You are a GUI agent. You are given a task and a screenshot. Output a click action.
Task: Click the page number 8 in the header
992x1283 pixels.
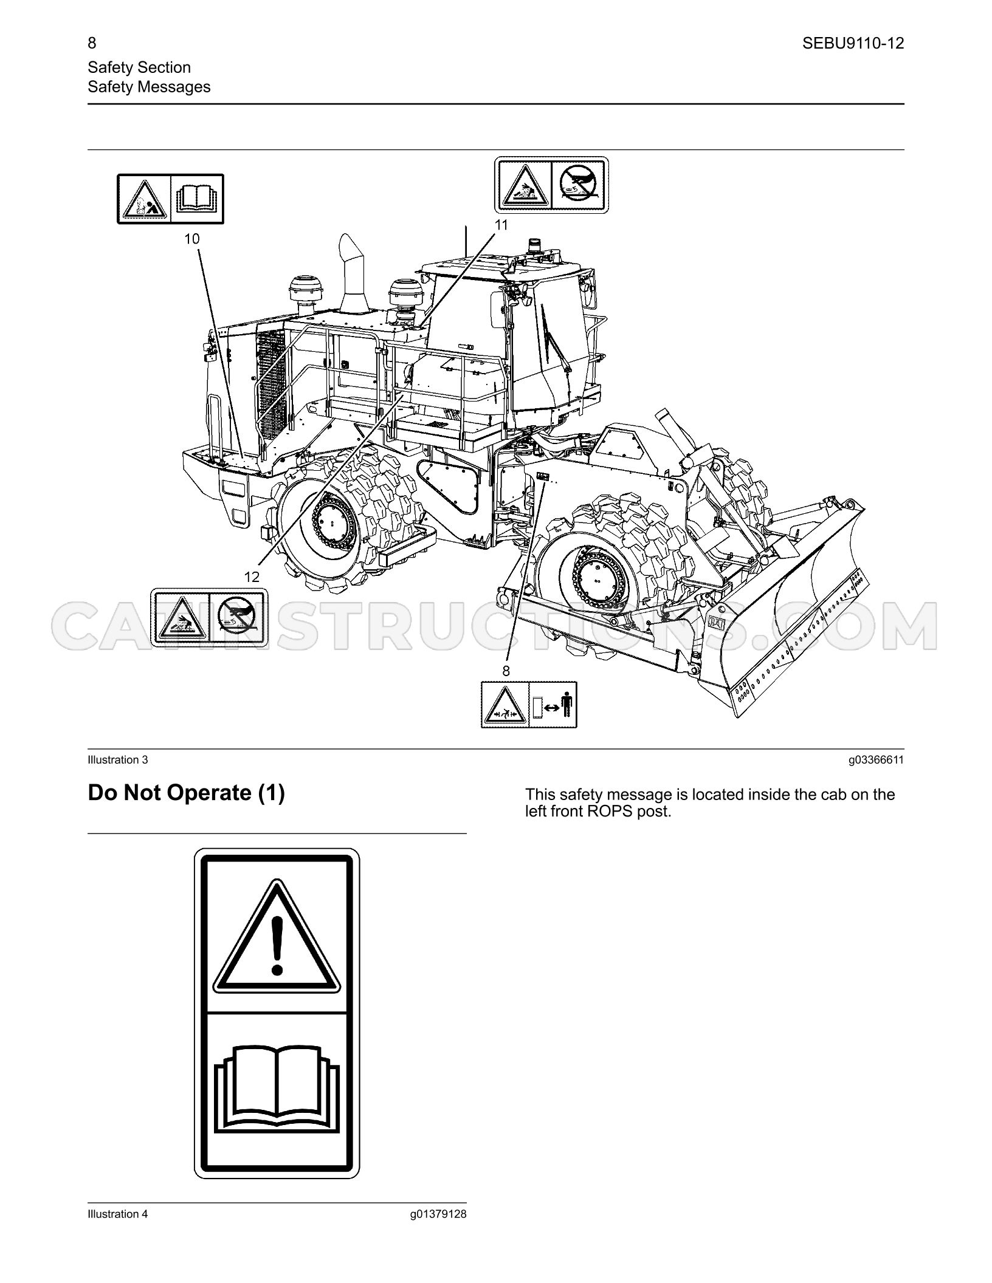pos(92,43)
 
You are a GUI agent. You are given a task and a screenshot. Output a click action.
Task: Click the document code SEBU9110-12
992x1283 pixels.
pos(853,44)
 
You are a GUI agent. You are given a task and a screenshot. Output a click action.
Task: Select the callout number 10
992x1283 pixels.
pos(192,239)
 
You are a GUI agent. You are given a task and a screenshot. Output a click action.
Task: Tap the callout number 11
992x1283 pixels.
pos(501,225)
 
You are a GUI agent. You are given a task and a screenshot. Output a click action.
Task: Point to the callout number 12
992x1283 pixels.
pos(252,576)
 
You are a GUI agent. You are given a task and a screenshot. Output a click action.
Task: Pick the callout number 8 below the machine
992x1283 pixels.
pos(506,671)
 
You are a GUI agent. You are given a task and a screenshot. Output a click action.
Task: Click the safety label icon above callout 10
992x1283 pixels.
pos(171,199)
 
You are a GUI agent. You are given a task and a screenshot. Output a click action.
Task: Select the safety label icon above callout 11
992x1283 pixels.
pos(551,185)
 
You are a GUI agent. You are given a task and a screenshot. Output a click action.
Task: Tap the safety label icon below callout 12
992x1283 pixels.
pos(209,617)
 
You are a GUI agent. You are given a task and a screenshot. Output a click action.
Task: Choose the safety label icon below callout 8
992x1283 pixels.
pos(529,705)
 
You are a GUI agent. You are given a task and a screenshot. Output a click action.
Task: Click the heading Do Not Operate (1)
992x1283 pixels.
pos(186,793)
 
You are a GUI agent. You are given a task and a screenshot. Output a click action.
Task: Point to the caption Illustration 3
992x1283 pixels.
pos(118,760)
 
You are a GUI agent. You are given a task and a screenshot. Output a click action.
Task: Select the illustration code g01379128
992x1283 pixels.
pos(438,1214)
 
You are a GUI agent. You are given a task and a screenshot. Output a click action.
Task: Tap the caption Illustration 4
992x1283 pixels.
pos(118,1214)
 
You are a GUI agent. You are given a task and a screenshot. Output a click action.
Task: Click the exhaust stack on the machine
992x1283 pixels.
pos(351,273)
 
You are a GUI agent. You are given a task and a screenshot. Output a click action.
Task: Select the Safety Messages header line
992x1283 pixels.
pos(149,87)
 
